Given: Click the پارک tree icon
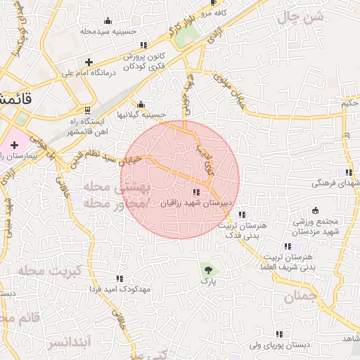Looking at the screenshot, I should (x=207, y=269).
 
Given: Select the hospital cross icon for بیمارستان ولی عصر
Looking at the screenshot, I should (x=14, y=144).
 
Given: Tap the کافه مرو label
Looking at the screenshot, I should (x=210, y=13).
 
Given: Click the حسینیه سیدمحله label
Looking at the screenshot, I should (x=107, y=32).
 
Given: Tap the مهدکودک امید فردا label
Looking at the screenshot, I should (x=119, y=289).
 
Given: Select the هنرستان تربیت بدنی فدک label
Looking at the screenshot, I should (x=241, y=231).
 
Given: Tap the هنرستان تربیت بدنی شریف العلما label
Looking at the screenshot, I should (x=288, y=262).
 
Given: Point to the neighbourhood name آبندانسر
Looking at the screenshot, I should (x=67, y=343).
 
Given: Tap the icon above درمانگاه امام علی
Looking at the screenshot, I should (x=89, y=62).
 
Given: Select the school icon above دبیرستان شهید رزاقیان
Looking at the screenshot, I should (x=196, y=192).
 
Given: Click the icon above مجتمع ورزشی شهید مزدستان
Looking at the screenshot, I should (x=315, y=210).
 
